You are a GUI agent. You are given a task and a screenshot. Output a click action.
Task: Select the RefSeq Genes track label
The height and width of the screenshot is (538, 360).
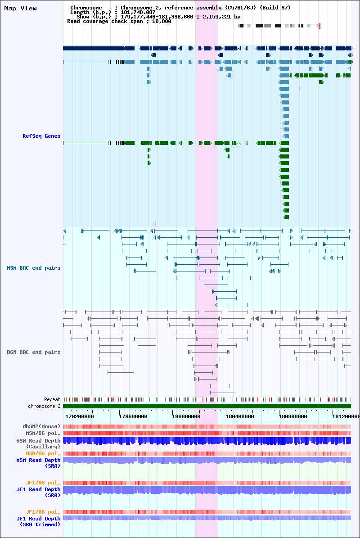41,136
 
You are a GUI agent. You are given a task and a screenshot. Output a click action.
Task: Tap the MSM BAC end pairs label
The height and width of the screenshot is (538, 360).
34,268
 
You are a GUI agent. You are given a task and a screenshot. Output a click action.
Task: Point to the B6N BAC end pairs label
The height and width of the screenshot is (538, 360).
34,352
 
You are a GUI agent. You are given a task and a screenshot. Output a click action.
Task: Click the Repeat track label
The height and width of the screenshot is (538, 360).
52,399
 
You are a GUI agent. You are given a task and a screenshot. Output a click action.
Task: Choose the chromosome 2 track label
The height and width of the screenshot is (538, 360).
44,406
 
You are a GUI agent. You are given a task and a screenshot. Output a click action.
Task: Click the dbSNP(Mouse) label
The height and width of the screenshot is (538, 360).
41,426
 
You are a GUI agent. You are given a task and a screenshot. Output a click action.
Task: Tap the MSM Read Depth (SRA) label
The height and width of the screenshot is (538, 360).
38,463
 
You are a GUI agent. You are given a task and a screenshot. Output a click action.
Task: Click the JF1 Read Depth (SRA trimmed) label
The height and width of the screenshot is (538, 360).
38,521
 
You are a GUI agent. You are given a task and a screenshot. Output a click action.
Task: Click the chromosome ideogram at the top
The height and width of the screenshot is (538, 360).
279,26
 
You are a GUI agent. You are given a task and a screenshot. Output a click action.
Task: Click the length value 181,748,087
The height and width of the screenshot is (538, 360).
138,12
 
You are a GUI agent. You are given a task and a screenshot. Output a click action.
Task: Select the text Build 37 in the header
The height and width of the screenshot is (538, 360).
275,8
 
